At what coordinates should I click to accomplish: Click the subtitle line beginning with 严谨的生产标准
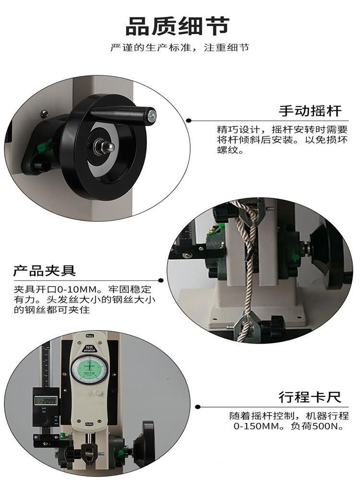click(x=180, y=48)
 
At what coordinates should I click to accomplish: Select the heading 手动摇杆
click(x=310, y=111)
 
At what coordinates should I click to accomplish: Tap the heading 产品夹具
click(x=44, y=271)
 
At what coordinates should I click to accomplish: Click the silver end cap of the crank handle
click(x=152, y=115)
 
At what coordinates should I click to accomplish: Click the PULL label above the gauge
click(x=89, y=336)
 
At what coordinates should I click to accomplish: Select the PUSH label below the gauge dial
click(x=89, y=424)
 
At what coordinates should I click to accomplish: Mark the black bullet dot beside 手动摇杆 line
click(x=189, y=120)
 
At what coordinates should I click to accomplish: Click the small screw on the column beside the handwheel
click(x=44, y=113)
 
